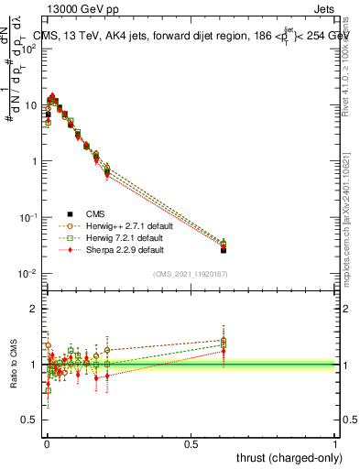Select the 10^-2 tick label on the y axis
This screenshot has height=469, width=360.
[x=28, y=274]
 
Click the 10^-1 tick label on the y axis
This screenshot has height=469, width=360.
[x=28, y=217]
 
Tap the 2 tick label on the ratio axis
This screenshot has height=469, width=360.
[x=35, y=309]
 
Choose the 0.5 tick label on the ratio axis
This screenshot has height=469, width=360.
[x=31, y=420]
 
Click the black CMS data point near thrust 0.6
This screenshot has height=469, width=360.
[x=224, y=249]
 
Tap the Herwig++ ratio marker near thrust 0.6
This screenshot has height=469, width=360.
[x=224, y=340]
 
